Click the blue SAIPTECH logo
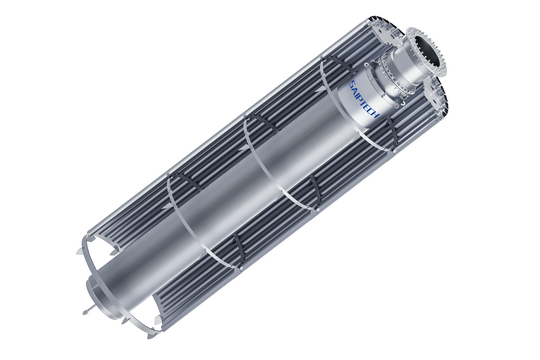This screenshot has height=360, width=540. (364, 99)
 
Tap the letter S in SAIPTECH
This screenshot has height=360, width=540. (353, 83)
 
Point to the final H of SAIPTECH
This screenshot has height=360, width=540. (375, 115)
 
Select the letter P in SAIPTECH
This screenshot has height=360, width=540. (361, 95)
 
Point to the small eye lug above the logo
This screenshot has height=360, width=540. (368, 65)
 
